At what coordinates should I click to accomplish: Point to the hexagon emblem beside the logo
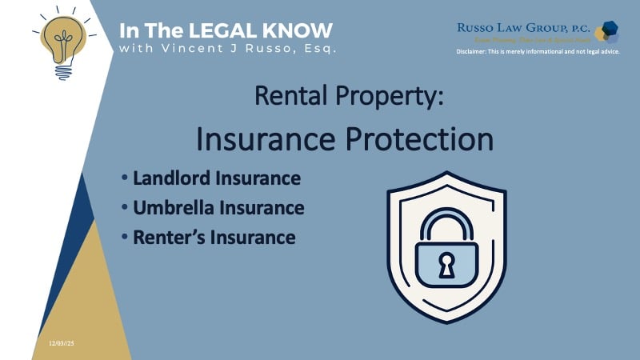coord(609,32)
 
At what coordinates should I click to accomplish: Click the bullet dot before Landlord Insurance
coord(125,178)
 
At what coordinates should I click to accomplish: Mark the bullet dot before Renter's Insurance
coord(125,237)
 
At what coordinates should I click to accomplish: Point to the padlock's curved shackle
coord(446,220)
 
